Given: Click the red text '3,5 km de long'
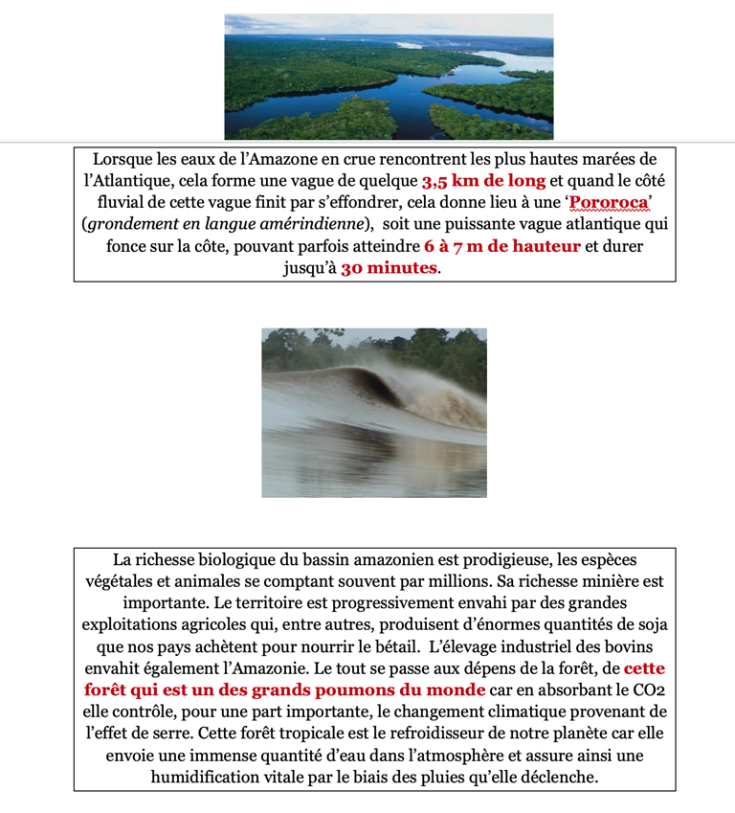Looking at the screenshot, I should click(483, 181).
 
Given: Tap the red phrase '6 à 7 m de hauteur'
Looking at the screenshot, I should click(501, 247).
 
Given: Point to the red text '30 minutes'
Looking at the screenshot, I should click(390, 269).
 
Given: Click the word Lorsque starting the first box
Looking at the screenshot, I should click(124, 159).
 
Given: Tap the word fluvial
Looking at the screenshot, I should click(123, 203).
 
